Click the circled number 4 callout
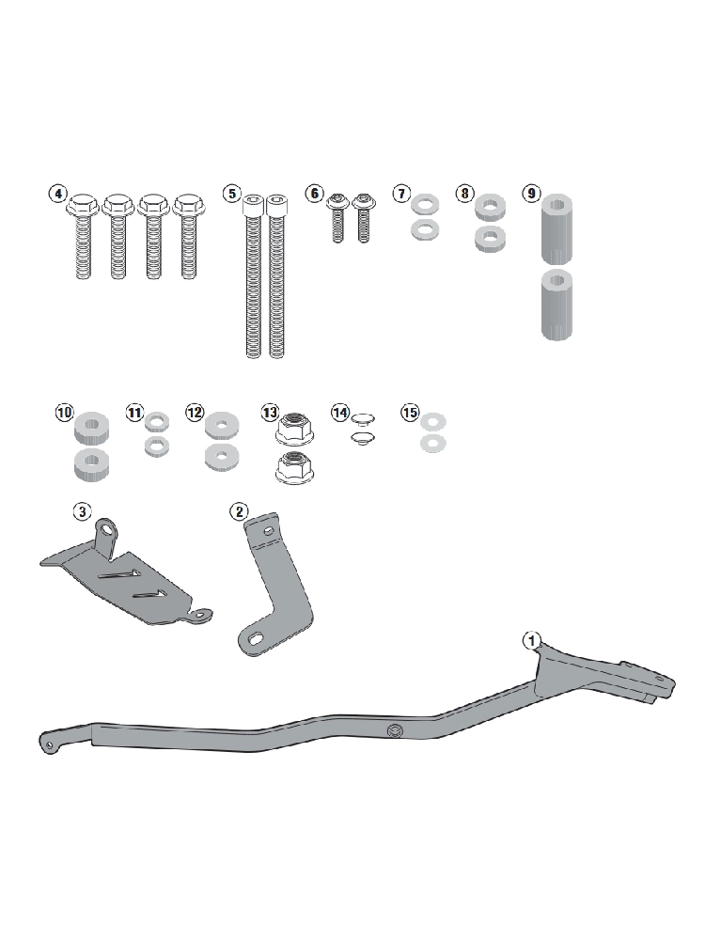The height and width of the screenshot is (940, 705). pos(57,194)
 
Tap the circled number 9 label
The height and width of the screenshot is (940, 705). pos(531,193)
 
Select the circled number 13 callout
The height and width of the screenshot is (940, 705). pos(271,413)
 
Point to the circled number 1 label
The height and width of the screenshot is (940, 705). pos(532,640)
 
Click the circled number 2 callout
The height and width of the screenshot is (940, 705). pos(239,511)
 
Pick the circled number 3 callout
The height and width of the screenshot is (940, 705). pos(82,511)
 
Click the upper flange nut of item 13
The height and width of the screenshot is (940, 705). pos(295,427)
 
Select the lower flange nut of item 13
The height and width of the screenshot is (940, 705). pos(295,467)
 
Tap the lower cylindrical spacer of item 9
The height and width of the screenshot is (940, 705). pos(556,305)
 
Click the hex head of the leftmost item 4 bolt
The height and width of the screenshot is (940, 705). pos(83,206)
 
